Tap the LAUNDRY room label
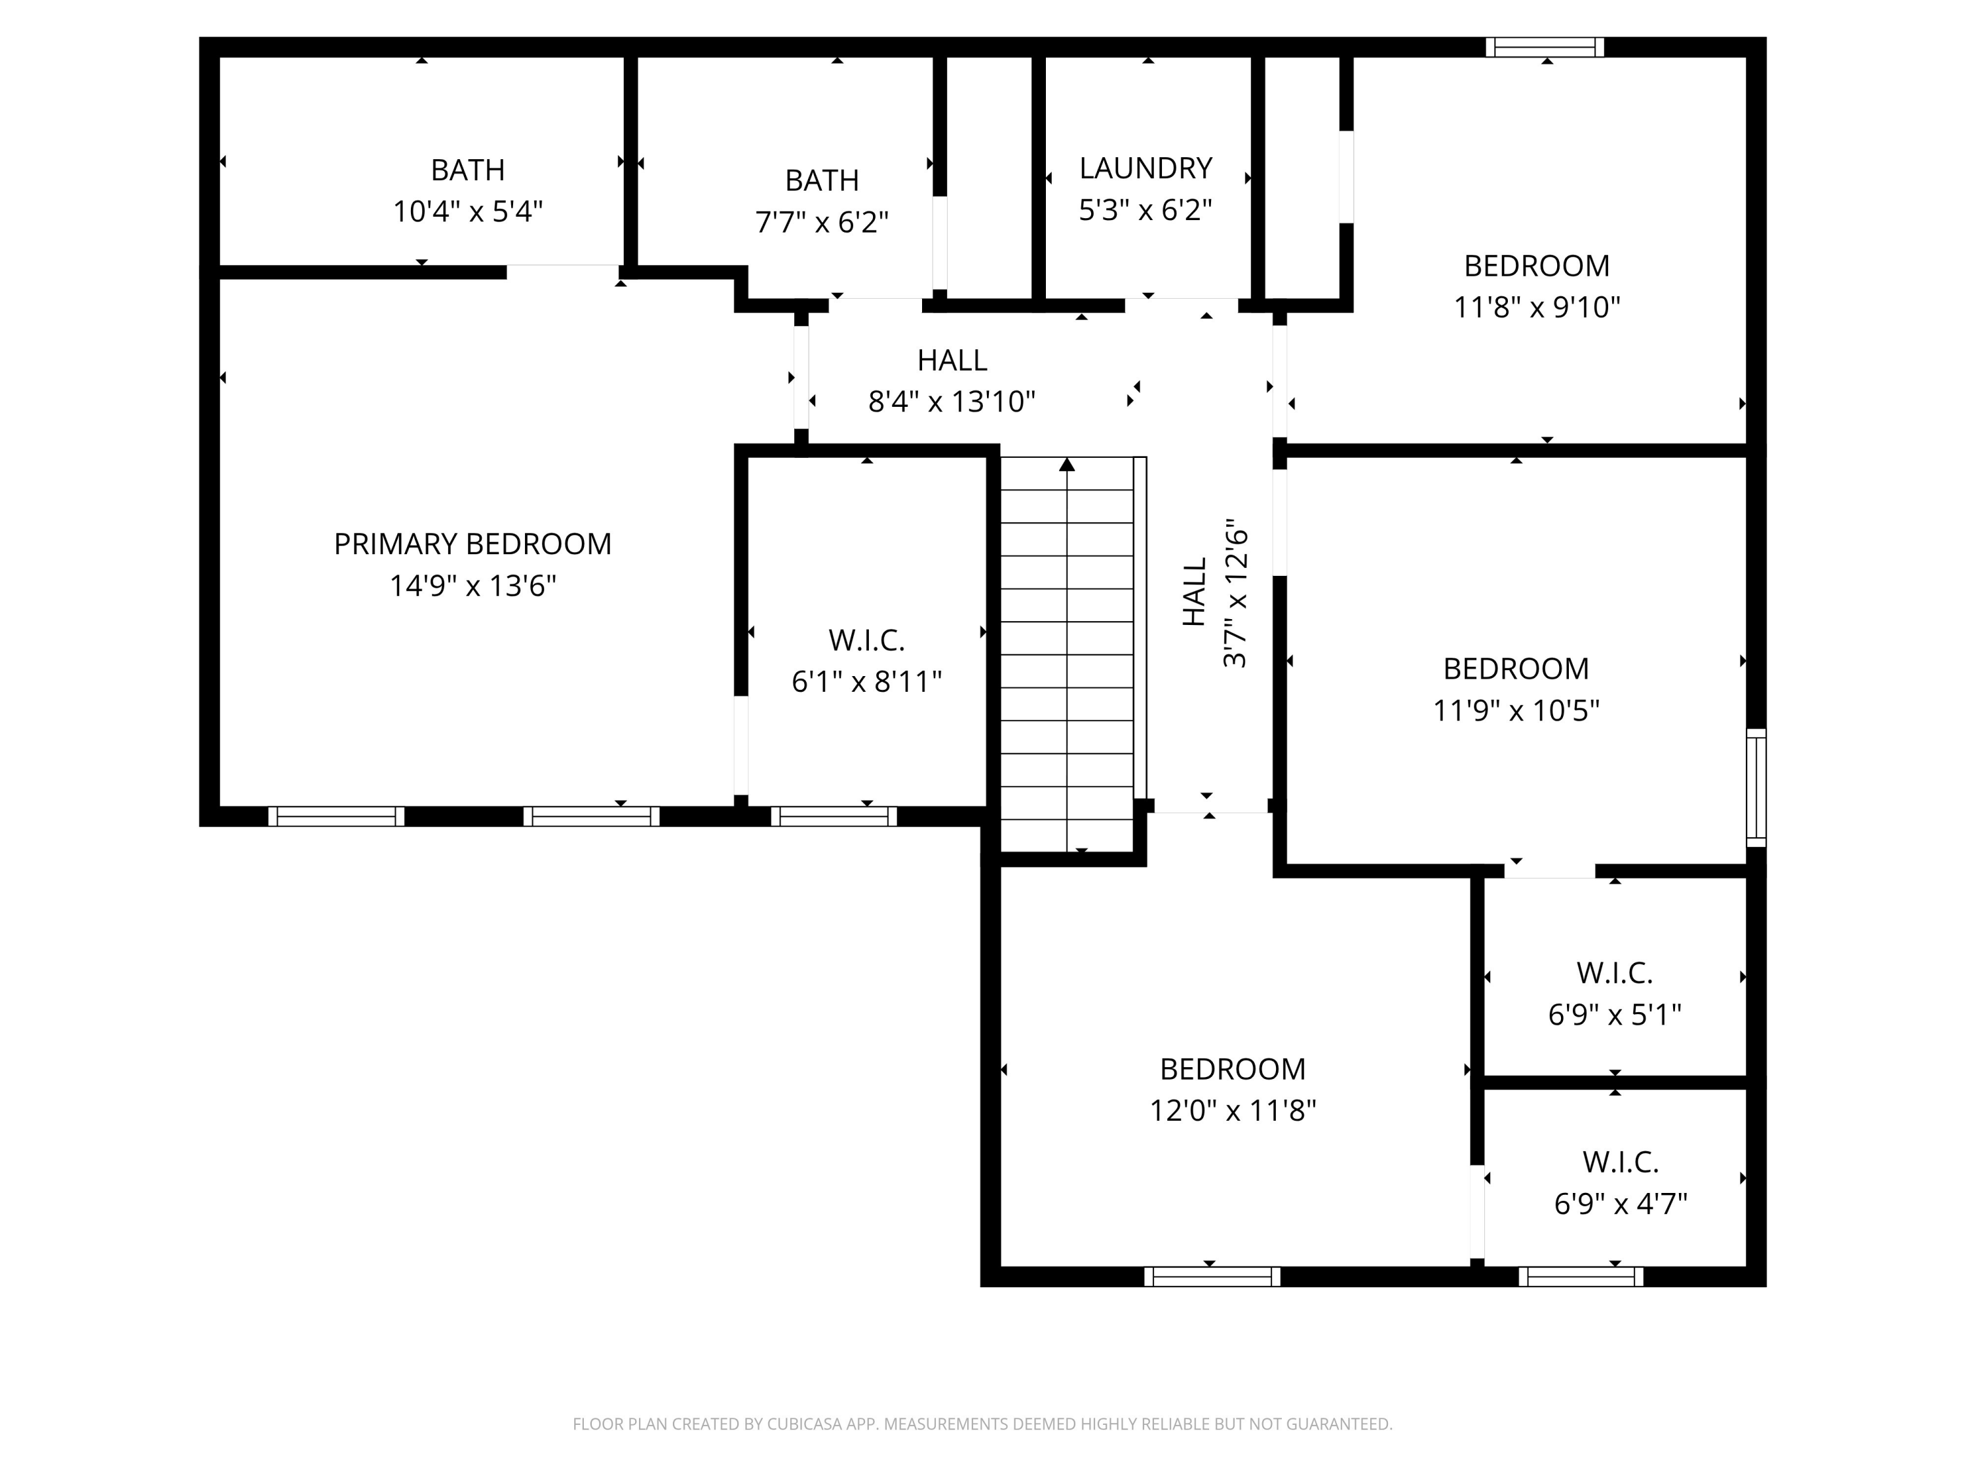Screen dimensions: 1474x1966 tap(1146, 168)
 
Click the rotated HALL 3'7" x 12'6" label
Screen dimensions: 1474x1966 tap(1214, 593)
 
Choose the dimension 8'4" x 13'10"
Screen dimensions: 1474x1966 tap(952, 402)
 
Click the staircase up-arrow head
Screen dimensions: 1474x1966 tap(1068, 464)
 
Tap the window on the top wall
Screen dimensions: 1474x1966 tap(1545, 47)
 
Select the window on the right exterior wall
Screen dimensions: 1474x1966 tap(1756, 787)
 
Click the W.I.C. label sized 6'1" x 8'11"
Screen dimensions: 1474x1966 tap(866, 639)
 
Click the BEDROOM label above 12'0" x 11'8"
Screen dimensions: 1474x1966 tap(1233, 1069)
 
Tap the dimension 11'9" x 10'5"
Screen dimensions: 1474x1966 tap(1516, 711)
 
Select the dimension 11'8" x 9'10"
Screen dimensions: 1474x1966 tap(1537, 307)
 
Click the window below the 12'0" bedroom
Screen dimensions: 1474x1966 tap(1212, 1277)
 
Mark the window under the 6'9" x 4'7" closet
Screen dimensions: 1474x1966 tap(1581, 1277)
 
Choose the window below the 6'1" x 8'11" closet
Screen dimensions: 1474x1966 tap(834, 816)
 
